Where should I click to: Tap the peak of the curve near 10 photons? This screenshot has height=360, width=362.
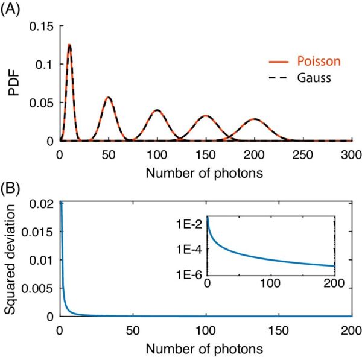[x=69, y=45]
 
